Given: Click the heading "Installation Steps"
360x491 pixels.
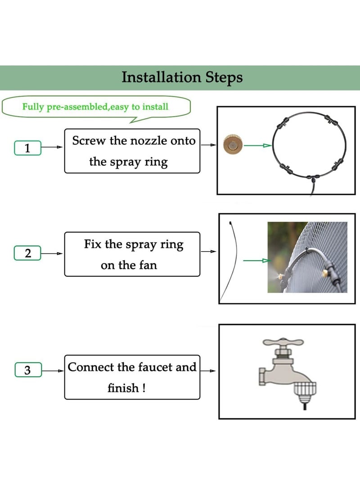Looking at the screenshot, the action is [x=182, y=77].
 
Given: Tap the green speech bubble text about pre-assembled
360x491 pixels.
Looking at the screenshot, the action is [x=95, y=107].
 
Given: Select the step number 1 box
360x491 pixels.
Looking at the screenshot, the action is [x=27, y=148].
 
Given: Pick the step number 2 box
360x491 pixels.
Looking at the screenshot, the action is [x=27, y=253].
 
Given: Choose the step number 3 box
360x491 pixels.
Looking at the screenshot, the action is [x=28, y=370].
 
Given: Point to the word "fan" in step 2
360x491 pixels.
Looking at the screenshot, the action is [x=148, y=265].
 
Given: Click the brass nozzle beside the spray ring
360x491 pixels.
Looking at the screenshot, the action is [x=233, y=145].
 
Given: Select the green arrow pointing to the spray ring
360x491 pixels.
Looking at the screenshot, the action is [x=257, y=145].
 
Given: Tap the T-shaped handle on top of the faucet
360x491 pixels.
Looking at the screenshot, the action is [x=283, y=342].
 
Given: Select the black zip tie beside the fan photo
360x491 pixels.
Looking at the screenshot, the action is [x=229, y=261].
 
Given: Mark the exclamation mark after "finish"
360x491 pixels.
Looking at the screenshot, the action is [x=144, y=388].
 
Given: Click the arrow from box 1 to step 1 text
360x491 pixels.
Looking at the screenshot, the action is [x=52, y=147].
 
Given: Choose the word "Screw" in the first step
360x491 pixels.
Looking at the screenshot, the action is [x=89, y=140].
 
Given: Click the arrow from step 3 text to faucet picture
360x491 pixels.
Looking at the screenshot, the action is [x=208, y=371].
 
